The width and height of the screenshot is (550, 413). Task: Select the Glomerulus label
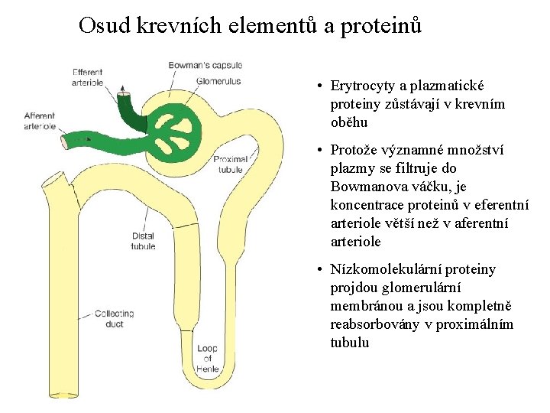tap(218, 80)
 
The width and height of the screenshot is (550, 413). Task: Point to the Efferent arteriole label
tap(88, 77)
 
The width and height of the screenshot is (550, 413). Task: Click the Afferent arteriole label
tap(39, 121)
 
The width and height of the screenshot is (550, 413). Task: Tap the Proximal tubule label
tap(228, 164)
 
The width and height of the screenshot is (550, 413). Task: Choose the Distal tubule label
tap(143, 241)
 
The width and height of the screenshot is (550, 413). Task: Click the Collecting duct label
tap(115, 318)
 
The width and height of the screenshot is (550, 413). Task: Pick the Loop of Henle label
tap(207, 359)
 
